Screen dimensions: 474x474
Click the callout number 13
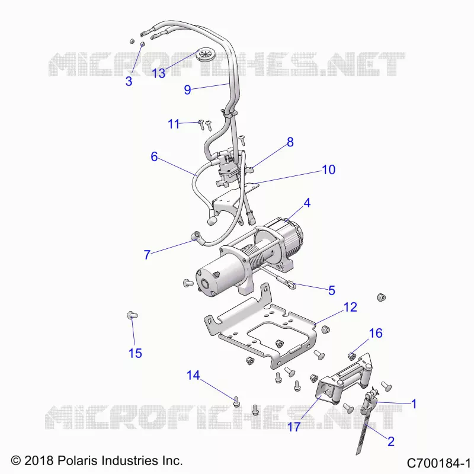(158, 73)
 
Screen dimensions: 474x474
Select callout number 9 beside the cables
(187, 90)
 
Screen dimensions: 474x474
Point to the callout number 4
(307, 203)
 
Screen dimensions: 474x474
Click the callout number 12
(350, 307)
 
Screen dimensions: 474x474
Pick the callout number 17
(293, 427)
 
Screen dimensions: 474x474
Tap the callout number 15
(135, 353)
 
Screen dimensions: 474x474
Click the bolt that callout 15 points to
(132, 315)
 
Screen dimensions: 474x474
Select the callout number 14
(193, 375)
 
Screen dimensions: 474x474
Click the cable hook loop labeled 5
(291, 284)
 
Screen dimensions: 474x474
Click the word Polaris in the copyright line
(78, 461)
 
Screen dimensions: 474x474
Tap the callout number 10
(329, 169)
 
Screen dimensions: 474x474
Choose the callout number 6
(154, 156)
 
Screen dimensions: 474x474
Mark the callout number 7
(147, 255)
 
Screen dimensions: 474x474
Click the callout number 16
(376, 333)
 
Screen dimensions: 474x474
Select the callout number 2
(391, 441)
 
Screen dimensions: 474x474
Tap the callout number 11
(174, 124)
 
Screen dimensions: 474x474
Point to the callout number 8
(290, 142)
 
